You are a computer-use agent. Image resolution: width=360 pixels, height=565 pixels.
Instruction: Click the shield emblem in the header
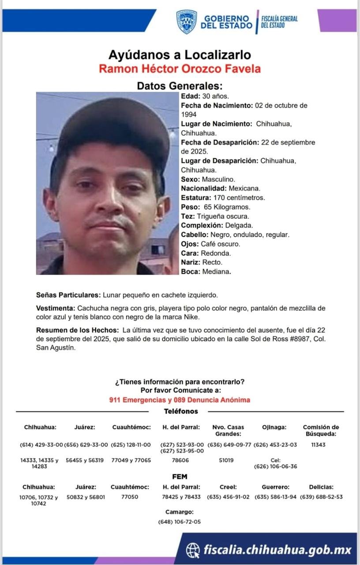(x=187, y=22)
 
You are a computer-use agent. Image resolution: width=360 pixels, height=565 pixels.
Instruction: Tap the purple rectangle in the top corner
(x=337, y=20)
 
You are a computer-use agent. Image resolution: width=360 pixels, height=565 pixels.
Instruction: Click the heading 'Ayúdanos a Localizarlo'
(x=180, y=55)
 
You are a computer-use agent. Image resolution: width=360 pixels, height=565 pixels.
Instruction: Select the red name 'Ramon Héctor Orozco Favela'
(x=180, y=69)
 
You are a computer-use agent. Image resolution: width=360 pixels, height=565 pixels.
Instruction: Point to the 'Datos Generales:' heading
(x=180, y=86)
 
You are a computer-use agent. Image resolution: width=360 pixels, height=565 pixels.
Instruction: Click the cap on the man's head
(x=114, y=126)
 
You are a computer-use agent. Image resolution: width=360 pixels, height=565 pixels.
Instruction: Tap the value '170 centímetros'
(x=239, y=198)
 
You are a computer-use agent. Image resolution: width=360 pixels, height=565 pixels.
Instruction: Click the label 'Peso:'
(x=191, y=207)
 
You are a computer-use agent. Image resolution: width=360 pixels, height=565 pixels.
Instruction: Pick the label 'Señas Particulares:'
(x=69, y=295)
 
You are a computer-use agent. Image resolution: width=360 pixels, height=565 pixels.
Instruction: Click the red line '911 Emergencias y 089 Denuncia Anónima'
(x=180, y=400)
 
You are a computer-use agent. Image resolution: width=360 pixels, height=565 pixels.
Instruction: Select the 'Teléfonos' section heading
(x=181, y=411)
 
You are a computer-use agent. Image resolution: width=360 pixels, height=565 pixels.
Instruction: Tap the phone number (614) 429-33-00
(x=41, y=445)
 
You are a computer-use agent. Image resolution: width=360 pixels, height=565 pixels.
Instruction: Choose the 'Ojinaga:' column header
(x=274, y=427)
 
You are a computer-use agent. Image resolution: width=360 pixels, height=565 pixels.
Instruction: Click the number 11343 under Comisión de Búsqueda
(x=318, y=445)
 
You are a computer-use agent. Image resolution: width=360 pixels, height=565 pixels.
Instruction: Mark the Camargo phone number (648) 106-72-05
(x=179, y=522)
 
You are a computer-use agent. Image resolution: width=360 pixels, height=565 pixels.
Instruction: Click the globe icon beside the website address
(x=193, y=550)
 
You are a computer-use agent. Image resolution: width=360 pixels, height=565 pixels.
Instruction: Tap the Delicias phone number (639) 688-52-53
(x=321, y=497)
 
